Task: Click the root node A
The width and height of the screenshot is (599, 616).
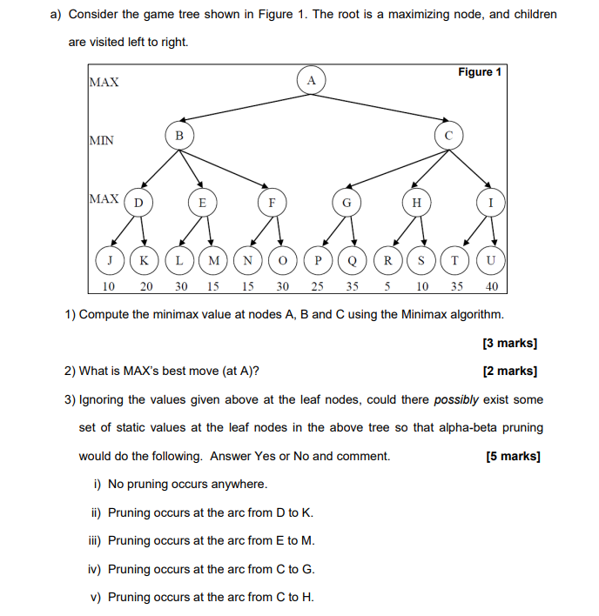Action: click(312, 81)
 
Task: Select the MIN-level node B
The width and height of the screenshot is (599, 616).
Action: click(178, 135)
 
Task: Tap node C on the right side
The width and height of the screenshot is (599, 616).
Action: click(448, 135)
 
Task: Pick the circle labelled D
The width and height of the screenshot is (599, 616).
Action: click(138, 203)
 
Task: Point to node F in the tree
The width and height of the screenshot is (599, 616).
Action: click(272, 203)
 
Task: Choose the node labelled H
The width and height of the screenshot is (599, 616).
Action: click(416, 203)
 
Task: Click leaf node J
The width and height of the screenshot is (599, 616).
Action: click(110, 260)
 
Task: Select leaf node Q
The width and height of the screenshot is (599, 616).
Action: click(353, 260)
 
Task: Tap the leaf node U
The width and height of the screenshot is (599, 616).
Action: click(492, 260)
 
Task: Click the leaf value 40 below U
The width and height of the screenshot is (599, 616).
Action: click(492, 285)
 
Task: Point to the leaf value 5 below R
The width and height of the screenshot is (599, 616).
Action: click(387, 285)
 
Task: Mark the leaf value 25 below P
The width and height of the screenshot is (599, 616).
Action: click(318, 285)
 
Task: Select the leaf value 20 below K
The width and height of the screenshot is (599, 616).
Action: click(145, 285)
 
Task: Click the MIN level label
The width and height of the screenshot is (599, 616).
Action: click(102, 140)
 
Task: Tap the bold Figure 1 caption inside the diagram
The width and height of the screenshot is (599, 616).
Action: click(479, 72)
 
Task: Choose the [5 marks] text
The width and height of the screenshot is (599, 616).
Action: click(513, 456)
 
